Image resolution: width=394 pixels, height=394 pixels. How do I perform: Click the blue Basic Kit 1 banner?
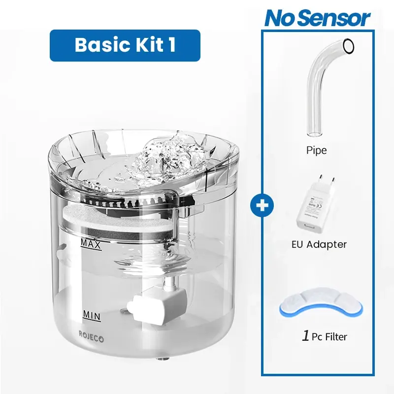tap(125, 45)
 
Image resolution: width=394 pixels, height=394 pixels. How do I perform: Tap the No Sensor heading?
tap(317, 18)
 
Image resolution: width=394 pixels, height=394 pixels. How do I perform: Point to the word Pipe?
tap(316, 150)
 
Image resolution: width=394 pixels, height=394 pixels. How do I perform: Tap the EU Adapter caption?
tap(318, 244)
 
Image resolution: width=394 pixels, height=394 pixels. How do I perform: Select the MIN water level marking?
tap(92, 314)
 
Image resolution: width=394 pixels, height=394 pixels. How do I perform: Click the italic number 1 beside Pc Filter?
tap(305, 337)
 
